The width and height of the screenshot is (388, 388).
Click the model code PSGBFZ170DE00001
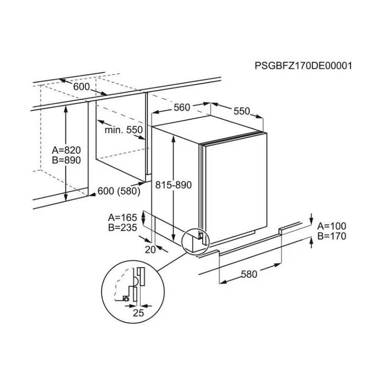[x=304, y=66]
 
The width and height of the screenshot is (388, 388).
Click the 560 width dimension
[x=182, y=107]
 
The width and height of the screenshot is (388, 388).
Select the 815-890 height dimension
[x=174, y=185]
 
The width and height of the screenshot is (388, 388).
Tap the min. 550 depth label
[x=124, y=130]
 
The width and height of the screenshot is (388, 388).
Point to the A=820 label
[x=66, y=150]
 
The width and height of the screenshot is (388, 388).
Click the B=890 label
[x=66, y=160]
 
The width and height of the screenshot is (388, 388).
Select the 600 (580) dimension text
[x=119, y=191]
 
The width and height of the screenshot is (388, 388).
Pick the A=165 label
[x=123, y=217]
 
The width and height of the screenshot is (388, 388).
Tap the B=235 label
[x=123, y=227]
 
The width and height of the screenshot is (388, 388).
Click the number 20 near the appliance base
[x=150, y=250]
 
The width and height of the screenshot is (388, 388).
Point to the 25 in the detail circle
[x=138, y=313]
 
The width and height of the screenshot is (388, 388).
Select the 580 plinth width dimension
[x=249, y=274]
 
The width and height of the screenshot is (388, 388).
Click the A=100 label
[x=332, y=226]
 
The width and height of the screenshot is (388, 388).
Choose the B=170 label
[x=332, y=236]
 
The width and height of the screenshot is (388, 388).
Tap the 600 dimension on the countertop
[x=81, y=87]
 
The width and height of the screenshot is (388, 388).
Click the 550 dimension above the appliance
[x=242, y=111]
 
